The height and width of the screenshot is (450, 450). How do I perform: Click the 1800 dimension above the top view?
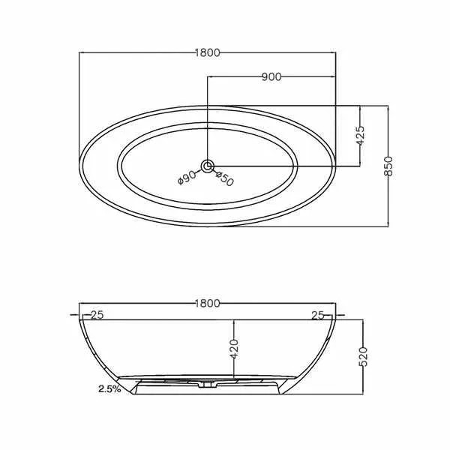click(x=208, y=52)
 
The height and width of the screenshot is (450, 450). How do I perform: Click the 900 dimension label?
click(x=271, y=77)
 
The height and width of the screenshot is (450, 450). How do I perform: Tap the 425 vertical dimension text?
click(x=359, y=136)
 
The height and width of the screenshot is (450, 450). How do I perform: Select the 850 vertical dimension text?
click(x=388, y=166)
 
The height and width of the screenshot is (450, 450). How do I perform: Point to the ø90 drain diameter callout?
click(x=187, y=178)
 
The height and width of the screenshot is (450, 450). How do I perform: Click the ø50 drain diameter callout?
click(x=225, y=178)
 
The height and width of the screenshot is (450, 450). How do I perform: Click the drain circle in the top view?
click(x=207, y=166)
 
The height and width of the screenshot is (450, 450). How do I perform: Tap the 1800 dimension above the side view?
click(x=208, y=303)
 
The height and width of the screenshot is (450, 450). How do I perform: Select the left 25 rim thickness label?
click(x=97, y=315)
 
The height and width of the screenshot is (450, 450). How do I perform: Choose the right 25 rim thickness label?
click(x=318, y=316)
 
